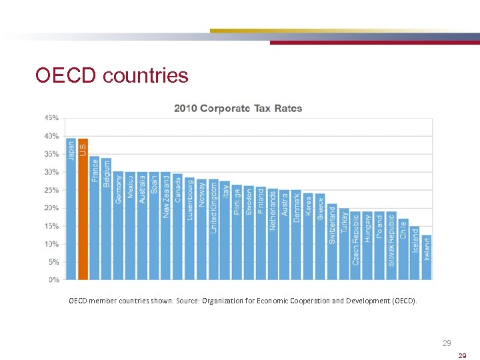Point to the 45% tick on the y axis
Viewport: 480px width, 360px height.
coord(51,118)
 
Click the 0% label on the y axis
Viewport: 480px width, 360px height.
coord(53,280)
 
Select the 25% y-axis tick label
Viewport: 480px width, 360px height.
coord(51,190)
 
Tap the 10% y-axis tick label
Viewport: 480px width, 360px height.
coord(51,244)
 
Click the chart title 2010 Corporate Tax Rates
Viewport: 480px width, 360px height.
coord(238,108)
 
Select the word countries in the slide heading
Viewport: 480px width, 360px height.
coord(146,76)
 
